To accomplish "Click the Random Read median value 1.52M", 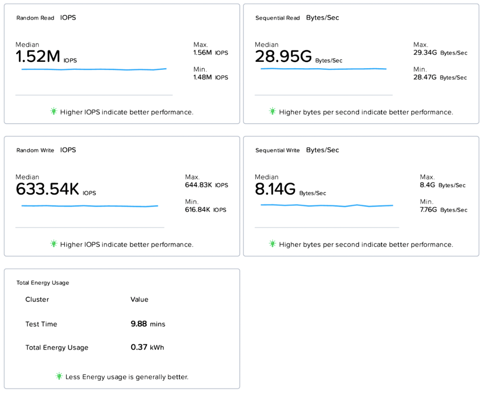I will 38,56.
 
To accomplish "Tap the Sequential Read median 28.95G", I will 283,56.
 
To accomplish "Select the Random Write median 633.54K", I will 47,189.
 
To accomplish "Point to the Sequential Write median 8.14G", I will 275,189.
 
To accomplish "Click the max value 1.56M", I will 202,53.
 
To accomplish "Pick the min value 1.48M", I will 202,77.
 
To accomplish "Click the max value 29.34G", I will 425,53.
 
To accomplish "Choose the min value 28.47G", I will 425,77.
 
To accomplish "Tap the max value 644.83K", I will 198,185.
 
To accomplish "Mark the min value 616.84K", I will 197,210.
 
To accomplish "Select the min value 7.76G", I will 428,210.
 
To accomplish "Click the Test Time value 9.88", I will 139,324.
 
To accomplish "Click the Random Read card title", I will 35,18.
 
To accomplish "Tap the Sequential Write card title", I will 277,150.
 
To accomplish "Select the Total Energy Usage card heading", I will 42,283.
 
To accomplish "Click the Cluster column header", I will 37,300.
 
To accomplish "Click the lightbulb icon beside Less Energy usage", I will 59,376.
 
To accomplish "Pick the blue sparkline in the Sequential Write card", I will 327,205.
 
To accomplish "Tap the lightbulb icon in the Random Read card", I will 54,111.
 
